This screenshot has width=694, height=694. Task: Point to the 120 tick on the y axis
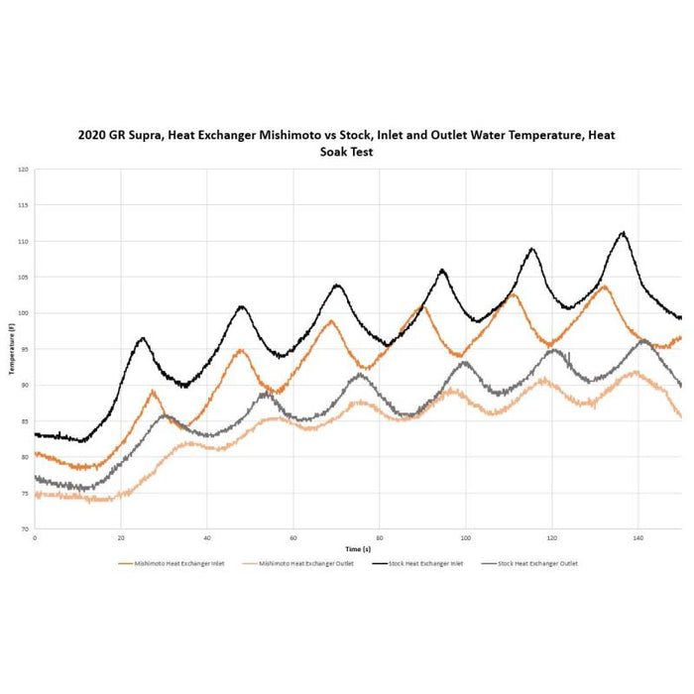(x=23, y=170)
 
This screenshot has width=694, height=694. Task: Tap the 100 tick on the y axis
(x=23, y=313)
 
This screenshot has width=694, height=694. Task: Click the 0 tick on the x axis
(x=35, y=537)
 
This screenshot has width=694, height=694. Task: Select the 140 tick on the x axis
(x=638, y=537)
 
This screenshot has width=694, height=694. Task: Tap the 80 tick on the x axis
(x=380, y=537)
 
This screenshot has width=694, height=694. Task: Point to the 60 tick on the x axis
(x=293, y=537)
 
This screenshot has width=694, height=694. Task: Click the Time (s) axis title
(x=359, y=548)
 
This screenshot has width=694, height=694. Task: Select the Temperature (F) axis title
(x=12, y=349)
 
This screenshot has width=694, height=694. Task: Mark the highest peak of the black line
(x=624, y=233)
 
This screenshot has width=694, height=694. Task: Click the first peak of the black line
(x=143, y=338)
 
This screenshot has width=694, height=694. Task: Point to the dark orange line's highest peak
(x=604, y=287)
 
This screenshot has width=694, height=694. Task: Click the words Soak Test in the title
(x=346, y=153)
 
